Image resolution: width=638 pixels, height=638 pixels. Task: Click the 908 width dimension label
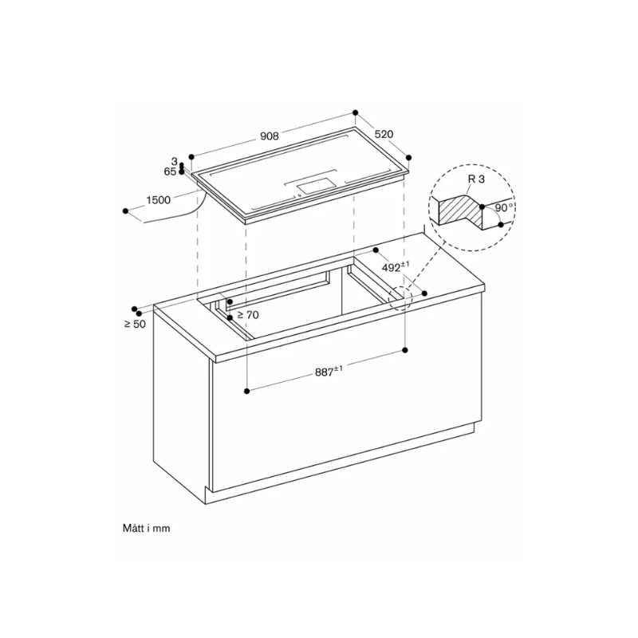(270, 136)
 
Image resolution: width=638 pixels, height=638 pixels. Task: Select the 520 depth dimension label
(384, 135)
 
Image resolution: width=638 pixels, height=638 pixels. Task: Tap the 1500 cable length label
(159, 200)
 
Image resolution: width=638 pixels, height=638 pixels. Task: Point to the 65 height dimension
(170, 171)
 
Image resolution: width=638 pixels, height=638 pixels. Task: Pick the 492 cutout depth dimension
(395, 268)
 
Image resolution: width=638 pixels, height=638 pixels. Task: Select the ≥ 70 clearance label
(247, 315)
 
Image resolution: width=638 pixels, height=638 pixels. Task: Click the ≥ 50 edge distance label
(134, 324)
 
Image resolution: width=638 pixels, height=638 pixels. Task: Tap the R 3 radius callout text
(476, 180)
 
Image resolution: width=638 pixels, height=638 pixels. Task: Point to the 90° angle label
(502, 207)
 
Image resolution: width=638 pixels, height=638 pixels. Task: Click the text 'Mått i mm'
(147, 527)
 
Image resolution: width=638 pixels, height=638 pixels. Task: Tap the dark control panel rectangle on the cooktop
(317, 187)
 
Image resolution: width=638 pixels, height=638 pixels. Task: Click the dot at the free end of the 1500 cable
(126, 211)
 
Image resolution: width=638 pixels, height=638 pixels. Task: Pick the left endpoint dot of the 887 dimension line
(247, 390)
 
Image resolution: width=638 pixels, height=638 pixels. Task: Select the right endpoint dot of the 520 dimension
(410, 158)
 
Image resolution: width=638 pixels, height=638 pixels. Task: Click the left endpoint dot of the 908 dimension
(191, 158)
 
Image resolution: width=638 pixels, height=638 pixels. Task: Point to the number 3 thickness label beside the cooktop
(173, 162)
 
